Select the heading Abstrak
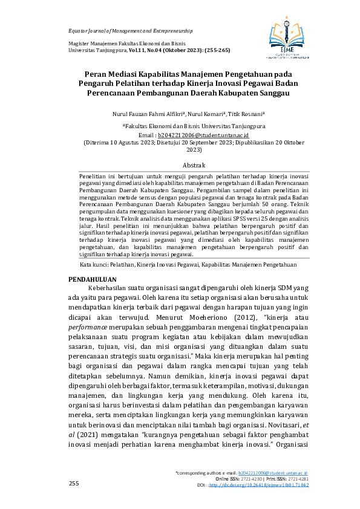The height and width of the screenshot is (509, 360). pyautogui.click(x=194, y=165)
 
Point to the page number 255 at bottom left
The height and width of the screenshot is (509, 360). pyautogui.click(x=74, y=484)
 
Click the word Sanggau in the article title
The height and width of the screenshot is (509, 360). pyautogui.click(x=270, y=94)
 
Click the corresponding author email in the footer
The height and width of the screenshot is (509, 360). pyautogui.click(x=273, y=473)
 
